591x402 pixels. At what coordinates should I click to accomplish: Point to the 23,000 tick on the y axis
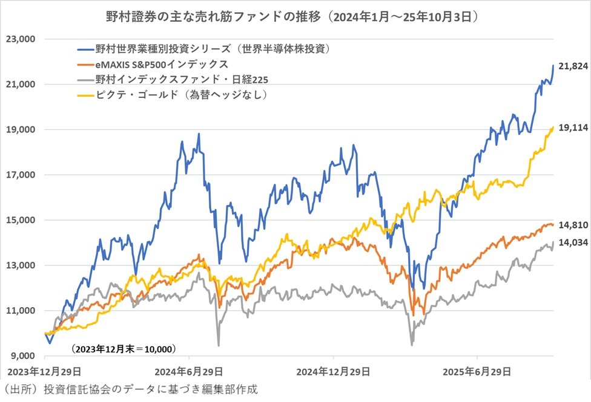[x=21, y=39]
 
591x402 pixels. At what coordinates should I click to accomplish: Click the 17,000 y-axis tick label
[x=21, y=175]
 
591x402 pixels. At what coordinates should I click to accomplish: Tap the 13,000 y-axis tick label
[x=21, y=265]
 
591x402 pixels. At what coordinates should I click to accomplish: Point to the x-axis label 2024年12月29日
[x=333, y=370]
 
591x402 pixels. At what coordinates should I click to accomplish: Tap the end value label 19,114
[x=572, y=128]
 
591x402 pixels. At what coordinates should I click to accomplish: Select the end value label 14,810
[x=572, y=225]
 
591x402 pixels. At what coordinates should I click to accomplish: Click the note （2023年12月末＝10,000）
[x=123, y=349]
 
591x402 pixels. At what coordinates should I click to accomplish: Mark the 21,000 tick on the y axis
[x=21, y=85]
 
